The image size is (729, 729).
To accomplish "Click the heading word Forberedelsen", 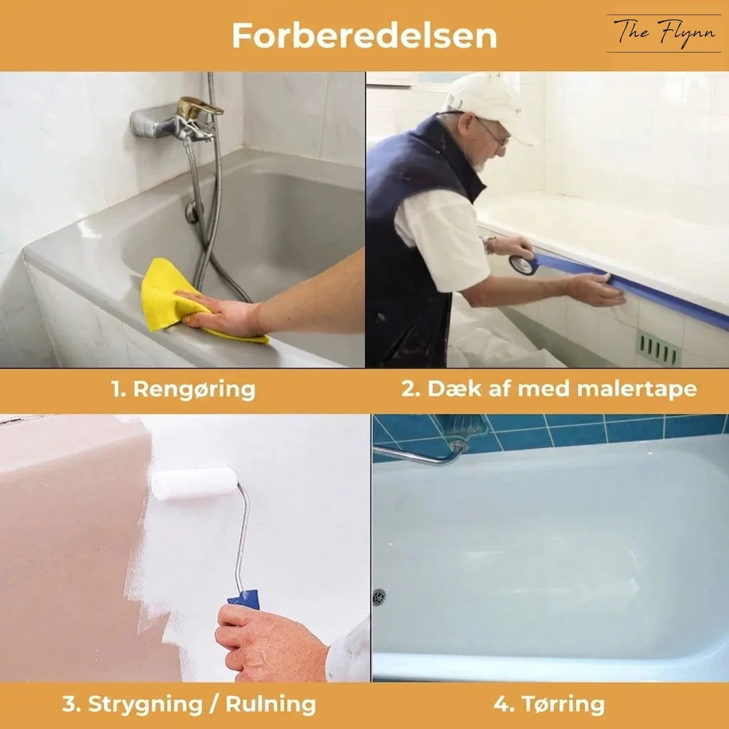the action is tap(364, 36).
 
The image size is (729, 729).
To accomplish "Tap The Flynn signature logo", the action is tap(664, 33).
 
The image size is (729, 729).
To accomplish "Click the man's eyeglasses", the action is tap(491, 132).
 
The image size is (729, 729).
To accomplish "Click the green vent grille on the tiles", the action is tap(658, 347).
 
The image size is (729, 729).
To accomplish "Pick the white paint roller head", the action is tap(194, 483).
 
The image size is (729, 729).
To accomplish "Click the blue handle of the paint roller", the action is tap(245, 599).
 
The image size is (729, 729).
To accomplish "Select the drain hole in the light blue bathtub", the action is tap(379, 597).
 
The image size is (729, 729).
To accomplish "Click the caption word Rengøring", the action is tap(194, 389).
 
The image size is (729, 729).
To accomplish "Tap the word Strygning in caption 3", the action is tap(145, 705).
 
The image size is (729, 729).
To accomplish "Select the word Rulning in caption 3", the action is tap(271, 704).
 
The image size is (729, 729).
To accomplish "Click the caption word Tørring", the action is tap(563, 705).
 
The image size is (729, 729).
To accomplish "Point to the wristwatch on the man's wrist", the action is tap(489, 245).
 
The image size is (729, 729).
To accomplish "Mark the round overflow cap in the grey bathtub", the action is tap(192, 212).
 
